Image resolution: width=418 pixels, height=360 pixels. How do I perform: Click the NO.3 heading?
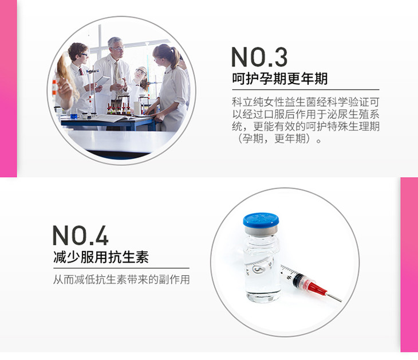[x=259, y=57]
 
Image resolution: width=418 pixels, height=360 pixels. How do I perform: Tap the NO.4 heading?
[x=80, y=235]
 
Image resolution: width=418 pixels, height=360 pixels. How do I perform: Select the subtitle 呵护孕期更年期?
[x=279, y=79]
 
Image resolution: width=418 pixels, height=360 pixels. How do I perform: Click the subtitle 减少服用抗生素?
[x=101, y=257]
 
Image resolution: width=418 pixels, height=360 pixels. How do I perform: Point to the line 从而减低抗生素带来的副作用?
[x=121, y=279]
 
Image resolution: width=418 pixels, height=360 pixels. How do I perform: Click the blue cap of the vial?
[x=261, y=220]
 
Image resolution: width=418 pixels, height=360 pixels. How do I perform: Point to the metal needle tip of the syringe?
[x=341, y=300]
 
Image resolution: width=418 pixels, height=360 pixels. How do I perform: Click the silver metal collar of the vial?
[x=261, y=230]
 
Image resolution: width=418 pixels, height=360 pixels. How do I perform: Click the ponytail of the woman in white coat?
[x=175, y=57]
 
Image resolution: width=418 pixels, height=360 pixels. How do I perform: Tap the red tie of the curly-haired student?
[x=81, y=72]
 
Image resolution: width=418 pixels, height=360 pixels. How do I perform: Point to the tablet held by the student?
[x=103, y=81]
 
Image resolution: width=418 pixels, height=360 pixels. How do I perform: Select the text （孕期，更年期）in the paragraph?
[x=277, y=139]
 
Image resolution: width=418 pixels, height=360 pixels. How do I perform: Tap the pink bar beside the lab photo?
[x=8, y=88]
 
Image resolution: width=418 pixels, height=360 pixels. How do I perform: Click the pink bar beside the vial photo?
[x=409, y=264]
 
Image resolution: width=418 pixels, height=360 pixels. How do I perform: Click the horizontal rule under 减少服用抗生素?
[x=121, y=268]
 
